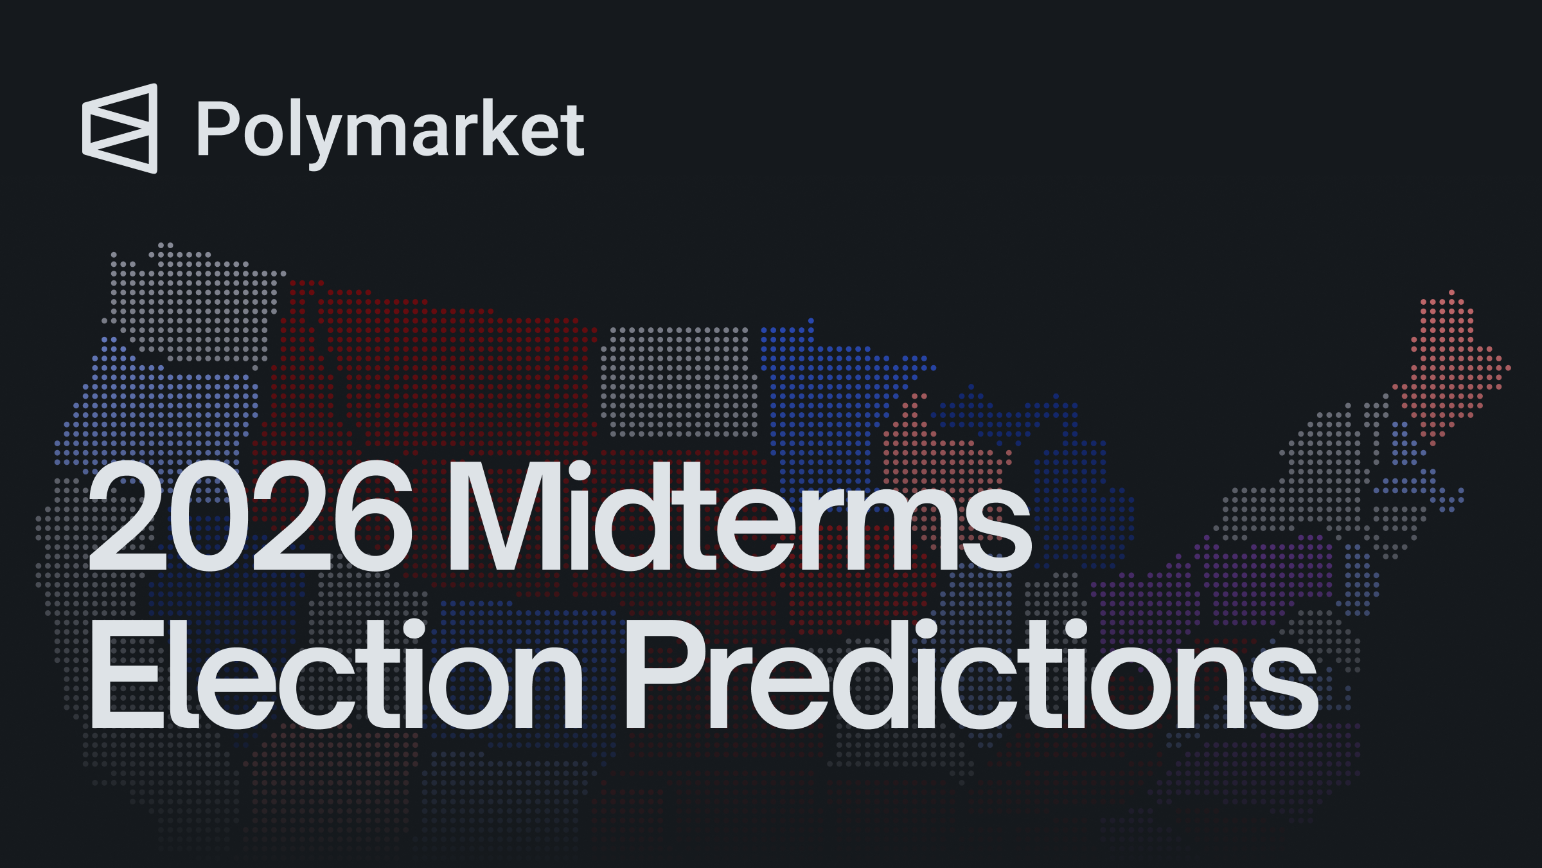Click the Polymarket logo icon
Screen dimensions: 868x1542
point(120,129)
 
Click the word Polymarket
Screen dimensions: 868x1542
point(390,129)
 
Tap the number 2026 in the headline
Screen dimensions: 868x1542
point(251,518)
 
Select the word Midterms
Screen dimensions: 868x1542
point(739,518)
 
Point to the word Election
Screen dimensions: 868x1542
point(334,675)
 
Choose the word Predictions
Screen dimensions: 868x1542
point(970,675)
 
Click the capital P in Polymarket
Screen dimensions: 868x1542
point(217,128)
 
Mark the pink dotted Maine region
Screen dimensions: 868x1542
point(1452,366)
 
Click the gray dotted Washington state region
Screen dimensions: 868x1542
point(193,302)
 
